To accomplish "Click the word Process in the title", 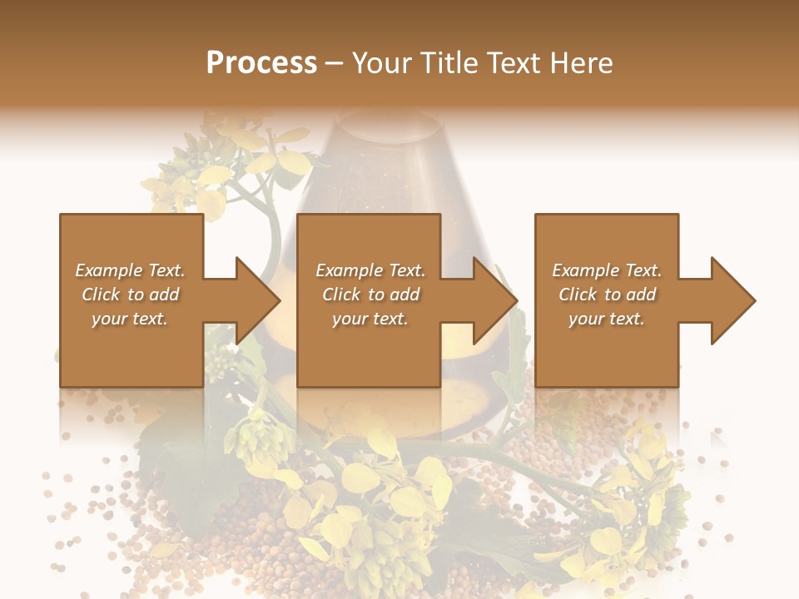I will (x=261, y=63).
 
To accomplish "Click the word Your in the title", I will (x=382, y=63).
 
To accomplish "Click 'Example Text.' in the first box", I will (x=130, y=270).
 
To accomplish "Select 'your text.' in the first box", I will (x=130, y=319).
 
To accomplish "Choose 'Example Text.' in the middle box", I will (x=370, y=270).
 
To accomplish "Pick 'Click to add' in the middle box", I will (x=370, y=295).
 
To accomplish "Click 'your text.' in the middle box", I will (x=370, y=319).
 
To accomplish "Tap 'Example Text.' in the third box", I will (x=607, y=270).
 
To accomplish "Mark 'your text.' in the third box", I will (x=607, y=319).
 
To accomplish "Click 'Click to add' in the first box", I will (x=130, y=295).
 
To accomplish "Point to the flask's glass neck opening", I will (x=386, y=125).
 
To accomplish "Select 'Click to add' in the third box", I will (x=607, y=295).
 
